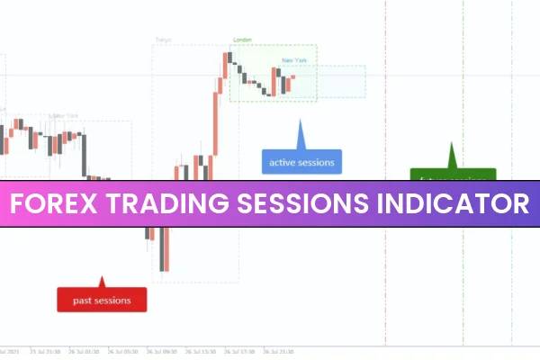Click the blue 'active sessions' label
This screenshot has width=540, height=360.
click(301, 163)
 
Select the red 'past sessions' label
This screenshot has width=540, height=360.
click(102, 299)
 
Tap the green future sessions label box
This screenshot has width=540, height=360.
click(453, 174)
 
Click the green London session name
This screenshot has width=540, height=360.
click(242, 40)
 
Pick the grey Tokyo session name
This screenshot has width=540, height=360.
click(163, 40)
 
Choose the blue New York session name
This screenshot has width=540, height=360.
click(294, 60)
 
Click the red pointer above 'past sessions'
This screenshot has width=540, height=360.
click(102, 281)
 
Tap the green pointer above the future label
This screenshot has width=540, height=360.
click(453, 155)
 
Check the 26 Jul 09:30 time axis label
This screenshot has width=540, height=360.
click(163, 352)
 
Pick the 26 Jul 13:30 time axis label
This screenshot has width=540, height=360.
click(208, 352)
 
